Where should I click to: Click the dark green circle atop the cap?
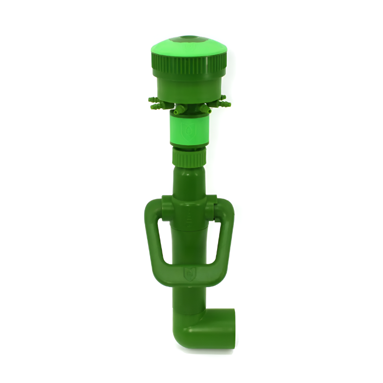tap(188, 38)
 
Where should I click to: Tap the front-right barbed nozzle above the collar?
tap(206, 109)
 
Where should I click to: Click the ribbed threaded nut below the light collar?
tap(189, 156)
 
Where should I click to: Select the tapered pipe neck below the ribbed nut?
tap(189, 181)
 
